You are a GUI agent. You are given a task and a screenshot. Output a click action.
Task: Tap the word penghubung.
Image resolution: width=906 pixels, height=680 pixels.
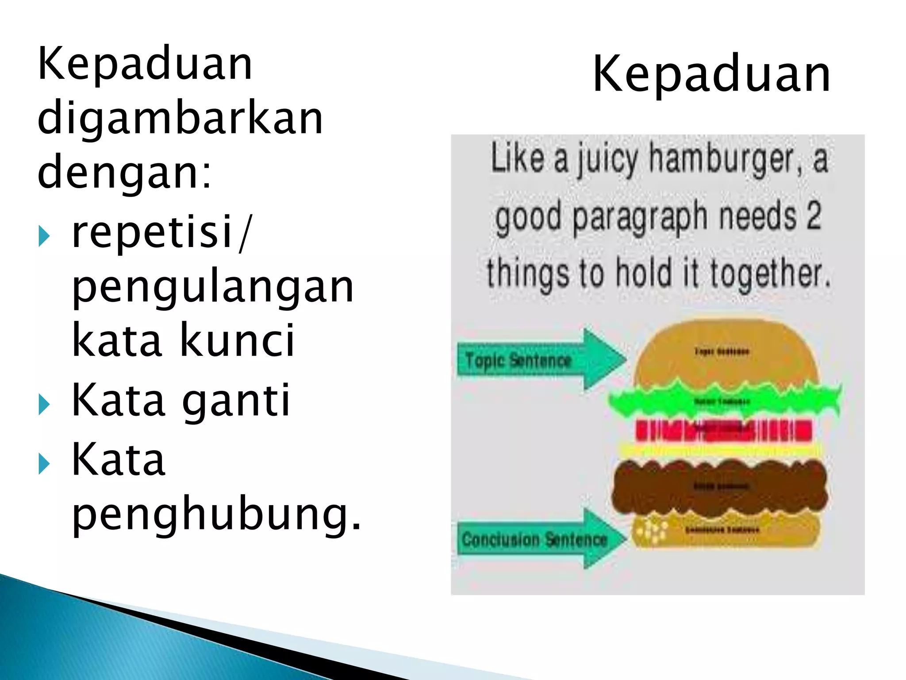tap(216, 514)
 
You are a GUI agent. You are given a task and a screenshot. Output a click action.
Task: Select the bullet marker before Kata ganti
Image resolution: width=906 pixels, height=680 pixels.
tap(44, 404)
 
